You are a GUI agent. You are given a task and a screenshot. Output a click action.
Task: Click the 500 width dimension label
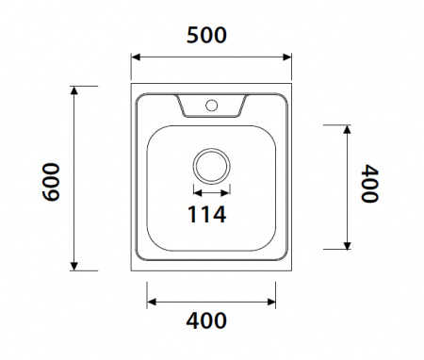point(206,35)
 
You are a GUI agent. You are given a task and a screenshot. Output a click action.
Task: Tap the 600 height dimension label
point(51,182)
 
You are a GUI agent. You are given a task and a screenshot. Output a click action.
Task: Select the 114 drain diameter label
point(206,214)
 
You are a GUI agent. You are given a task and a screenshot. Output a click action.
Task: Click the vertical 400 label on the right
point(369,183)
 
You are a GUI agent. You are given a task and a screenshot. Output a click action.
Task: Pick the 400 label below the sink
point(206,320)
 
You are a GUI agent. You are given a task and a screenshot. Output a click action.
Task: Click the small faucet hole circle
point(212,106)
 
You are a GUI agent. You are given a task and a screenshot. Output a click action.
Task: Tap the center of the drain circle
point(212,166)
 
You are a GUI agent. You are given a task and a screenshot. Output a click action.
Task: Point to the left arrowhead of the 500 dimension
point(136,57)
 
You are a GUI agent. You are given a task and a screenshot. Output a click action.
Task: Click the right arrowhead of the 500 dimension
point(287,57)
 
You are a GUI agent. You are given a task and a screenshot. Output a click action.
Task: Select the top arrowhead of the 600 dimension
point(74,90)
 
